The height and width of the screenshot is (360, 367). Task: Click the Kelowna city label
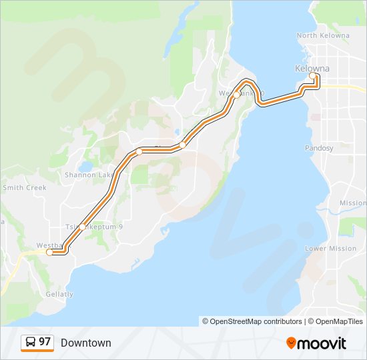click(312, 69)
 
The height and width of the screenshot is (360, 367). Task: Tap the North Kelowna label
click(322, 35)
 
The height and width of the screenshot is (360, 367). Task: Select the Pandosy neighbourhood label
click(318, 148)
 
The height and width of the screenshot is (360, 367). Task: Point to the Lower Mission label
click(330, 249)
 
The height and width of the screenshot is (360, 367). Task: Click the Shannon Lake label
click(89, 175)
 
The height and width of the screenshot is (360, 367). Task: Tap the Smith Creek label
click(24, 188)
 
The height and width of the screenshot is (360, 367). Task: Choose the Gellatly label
click(59, 294)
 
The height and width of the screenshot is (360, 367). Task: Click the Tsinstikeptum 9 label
click(94, 227)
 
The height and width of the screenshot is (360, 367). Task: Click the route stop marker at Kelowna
click(312, 76)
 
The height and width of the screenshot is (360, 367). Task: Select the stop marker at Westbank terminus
click(49, 252)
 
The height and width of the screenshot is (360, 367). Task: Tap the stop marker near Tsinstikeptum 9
click(82, 227)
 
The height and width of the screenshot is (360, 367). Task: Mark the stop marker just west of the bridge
click(236, 95)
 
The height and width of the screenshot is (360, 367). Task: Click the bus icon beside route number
click(30, 342)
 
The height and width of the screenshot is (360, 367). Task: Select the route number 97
click(45, 342)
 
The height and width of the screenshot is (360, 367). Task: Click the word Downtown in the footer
click(85, 343)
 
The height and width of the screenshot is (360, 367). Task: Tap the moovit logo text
click(322, 343)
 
